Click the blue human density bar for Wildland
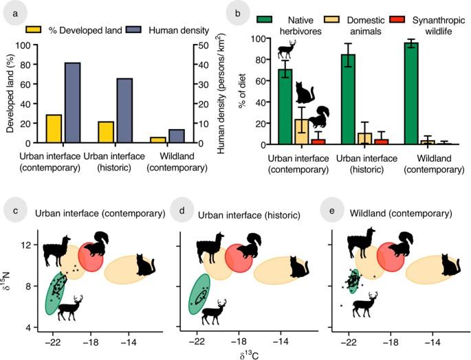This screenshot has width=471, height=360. (176, 136)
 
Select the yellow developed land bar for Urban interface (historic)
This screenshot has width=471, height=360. (106, 133)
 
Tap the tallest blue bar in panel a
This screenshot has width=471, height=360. (72, 103)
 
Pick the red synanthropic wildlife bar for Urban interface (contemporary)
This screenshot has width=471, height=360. (318, 142)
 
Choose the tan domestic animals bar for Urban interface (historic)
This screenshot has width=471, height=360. (364, 139)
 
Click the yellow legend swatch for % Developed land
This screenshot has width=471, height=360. (34, 30)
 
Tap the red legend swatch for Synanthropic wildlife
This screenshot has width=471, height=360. (397, 19)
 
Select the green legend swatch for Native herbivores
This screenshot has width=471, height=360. (265, 19)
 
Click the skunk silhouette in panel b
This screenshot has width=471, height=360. (319, 117)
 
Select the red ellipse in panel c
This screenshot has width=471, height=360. (91, 257)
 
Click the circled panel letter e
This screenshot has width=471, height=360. (332, 210)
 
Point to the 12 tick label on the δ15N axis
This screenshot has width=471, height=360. (25, 245)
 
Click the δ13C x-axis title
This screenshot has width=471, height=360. (250, 355)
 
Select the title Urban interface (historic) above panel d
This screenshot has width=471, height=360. (249, 215)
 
